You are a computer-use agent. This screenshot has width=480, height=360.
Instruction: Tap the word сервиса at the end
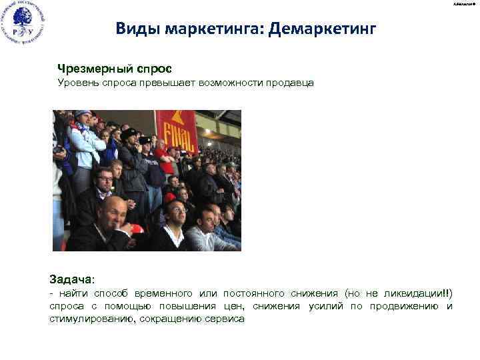226,319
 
